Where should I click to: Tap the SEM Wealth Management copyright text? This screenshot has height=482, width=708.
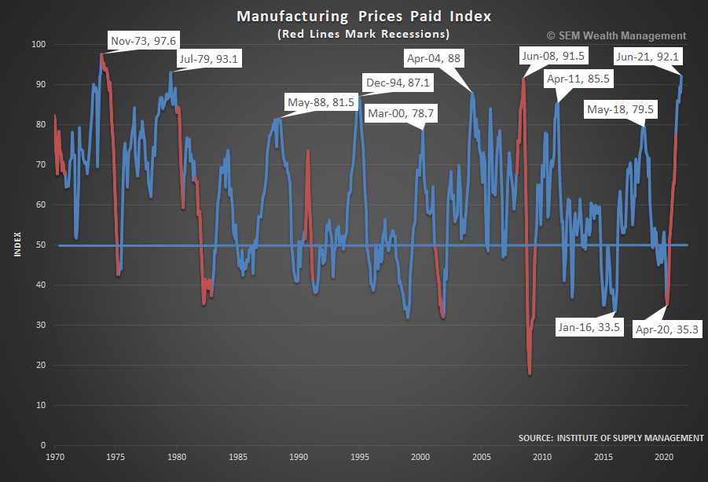(615, 35)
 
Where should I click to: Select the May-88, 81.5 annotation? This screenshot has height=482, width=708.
(321, 101)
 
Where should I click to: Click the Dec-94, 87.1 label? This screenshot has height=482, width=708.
(398, 83)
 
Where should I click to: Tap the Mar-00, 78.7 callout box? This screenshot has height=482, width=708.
(402, 113)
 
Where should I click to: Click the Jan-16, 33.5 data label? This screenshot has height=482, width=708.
(589, 328)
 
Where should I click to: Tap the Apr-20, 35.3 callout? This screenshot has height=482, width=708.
(668, 330)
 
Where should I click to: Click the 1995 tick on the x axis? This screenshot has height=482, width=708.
(360, 456)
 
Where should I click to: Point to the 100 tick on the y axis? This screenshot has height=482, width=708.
(38, 45)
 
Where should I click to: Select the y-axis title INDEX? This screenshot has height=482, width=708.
(17, 245)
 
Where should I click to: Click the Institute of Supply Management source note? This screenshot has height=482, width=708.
(611, 437)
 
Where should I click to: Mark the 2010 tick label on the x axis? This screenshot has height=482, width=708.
(542, 456)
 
